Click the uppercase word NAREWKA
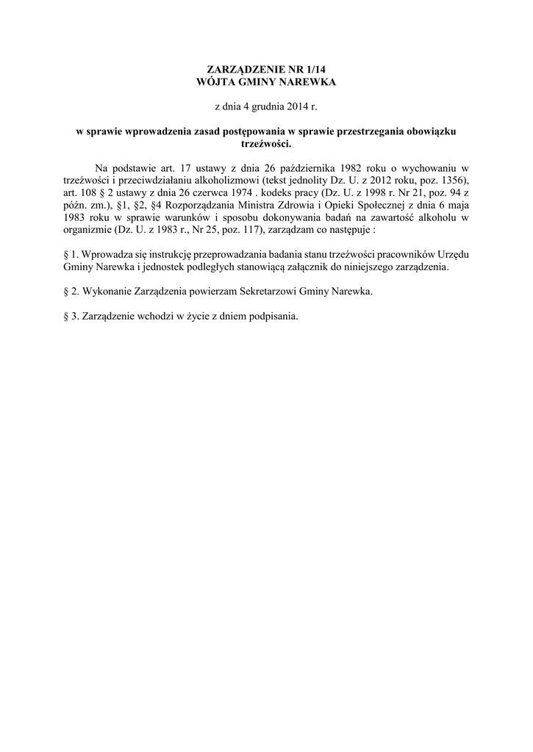(308, 82)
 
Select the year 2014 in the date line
(296, 107)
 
